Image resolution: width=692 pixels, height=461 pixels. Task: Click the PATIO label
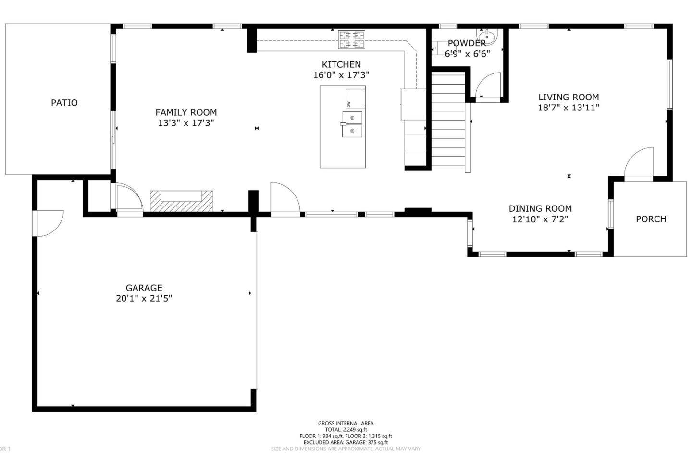(x=64, y=103)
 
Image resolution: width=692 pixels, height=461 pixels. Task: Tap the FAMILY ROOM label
(x=186, y=112)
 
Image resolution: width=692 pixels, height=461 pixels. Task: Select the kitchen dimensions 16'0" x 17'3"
(x=341, y=75)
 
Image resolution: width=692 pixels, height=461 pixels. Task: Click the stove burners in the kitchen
(x=352, y=39)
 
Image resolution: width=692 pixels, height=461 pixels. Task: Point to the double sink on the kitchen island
(x=352, y=124)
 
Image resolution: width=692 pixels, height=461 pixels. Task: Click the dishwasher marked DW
(x=355, y=99)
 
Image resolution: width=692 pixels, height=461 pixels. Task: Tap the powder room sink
(x=487, y=36)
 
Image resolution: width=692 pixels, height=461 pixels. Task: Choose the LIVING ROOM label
(x=568, y=97)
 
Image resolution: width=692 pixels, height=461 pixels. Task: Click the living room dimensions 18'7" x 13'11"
(x=568, y=108)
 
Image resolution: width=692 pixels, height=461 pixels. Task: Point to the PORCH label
(x=651, y=219)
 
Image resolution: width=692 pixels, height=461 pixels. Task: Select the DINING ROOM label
(x=540, y=208)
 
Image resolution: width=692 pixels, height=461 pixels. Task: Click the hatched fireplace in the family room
(x=182, y=201)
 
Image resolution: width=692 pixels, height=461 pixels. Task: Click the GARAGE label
(x=144, y=288)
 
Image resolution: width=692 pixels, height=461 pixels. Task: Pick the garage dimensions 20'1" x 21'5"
(x=144, y=298)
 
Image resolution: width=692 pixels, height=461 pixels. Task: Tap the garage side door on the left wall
(x=48, y=224)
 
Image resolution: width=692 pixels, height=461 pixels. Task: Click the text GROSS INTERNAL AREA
(x=346, y=423)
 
